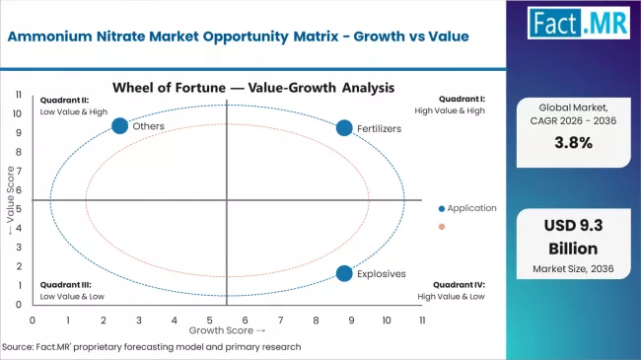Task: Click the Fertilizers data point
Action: (344, 127)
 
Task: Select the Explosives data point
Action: (344, 273)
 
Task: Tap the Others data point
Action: (120, 125)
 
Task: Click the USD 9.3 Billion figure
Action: (579, 237)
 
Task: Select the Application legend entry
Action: (470, 208)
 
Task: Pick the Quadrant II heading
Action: (65, 99)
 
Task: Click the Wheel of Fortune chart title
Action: (253, 87)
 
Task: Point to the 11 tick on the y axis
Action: (20, 94)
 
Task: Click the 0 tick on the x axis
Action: (33, 321)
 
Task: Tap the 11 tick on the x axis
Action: (422, 321)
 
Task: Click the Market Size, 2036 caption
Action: (579, 269)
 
